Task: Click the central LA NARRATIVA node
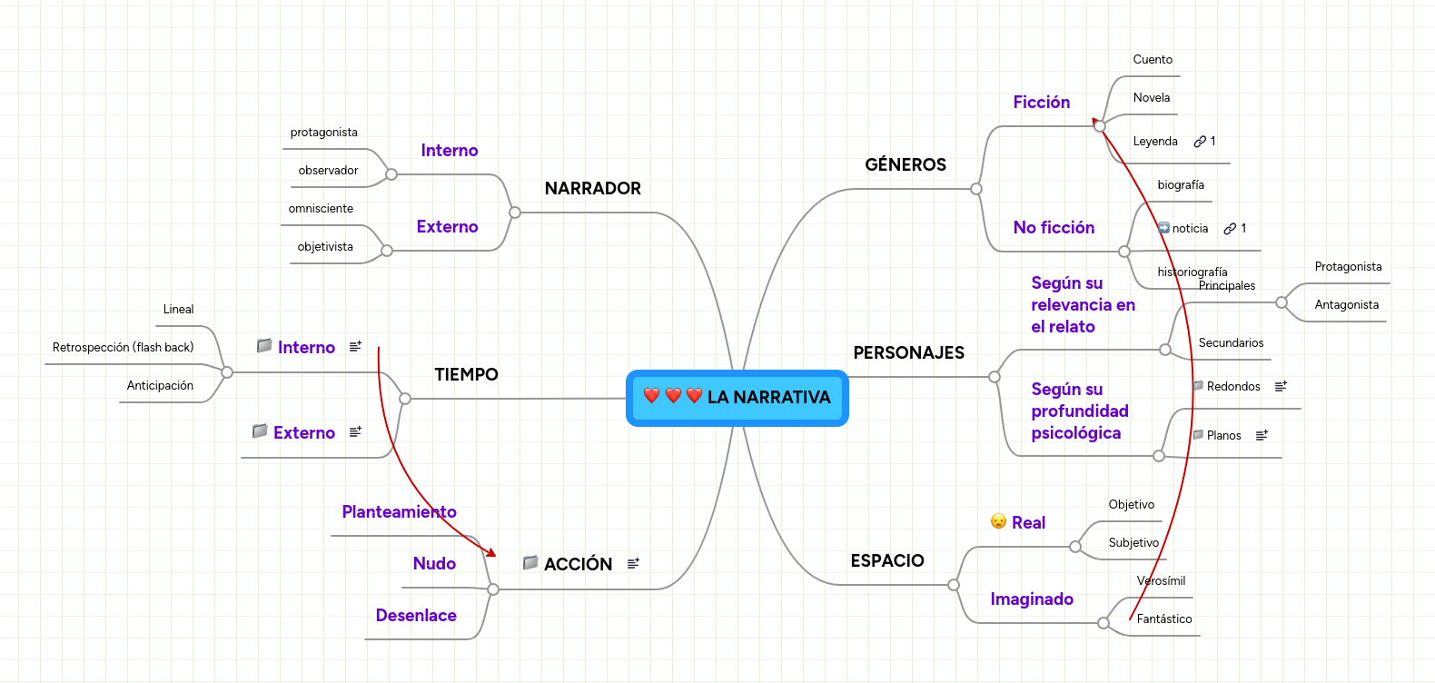737,398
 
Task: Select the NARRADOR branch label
592,188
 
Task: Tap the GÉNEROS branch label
905,164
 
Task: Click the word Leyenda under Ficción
1154,142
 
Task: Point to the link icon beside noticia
1230,229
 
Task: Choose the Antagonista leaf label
1346,305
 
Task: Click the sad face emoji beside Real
998,521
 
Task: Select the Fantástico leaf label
1163,619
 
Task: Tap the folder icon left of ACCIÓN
530,563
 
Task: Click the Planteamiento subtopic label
399,512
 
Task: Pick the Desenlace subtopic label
416,616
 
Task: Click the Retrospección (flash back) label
123,348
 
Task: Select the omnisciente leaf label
321,209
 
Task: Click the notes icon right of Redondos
1281,387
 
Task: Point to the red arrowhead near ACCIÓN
491,552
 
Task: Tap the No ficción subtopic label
1054,228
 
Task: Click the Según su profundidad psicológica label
1079,411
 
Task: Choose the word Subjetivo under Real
1133,543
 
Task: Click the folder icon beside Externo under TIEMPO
260,431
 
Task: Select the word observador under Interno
328,171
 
